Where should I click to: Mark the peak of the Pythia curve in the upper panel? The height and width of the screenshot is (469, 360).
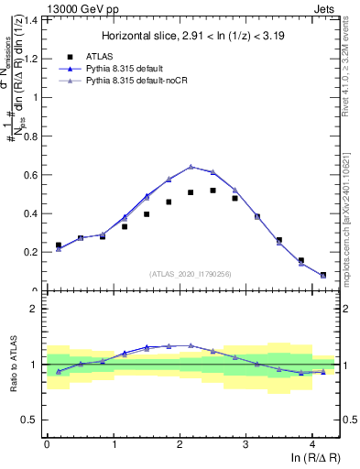click(x=191, y=167)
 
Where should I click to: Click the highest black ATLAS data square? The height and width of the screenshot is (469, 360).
click(x=213, y=191)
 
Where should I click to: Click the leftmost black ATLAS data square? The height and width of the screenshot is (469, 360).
click(x=58, y=245)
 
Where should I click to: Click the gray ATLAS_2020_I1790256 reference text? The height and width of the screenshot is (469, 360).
click(x=191, y=274)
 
